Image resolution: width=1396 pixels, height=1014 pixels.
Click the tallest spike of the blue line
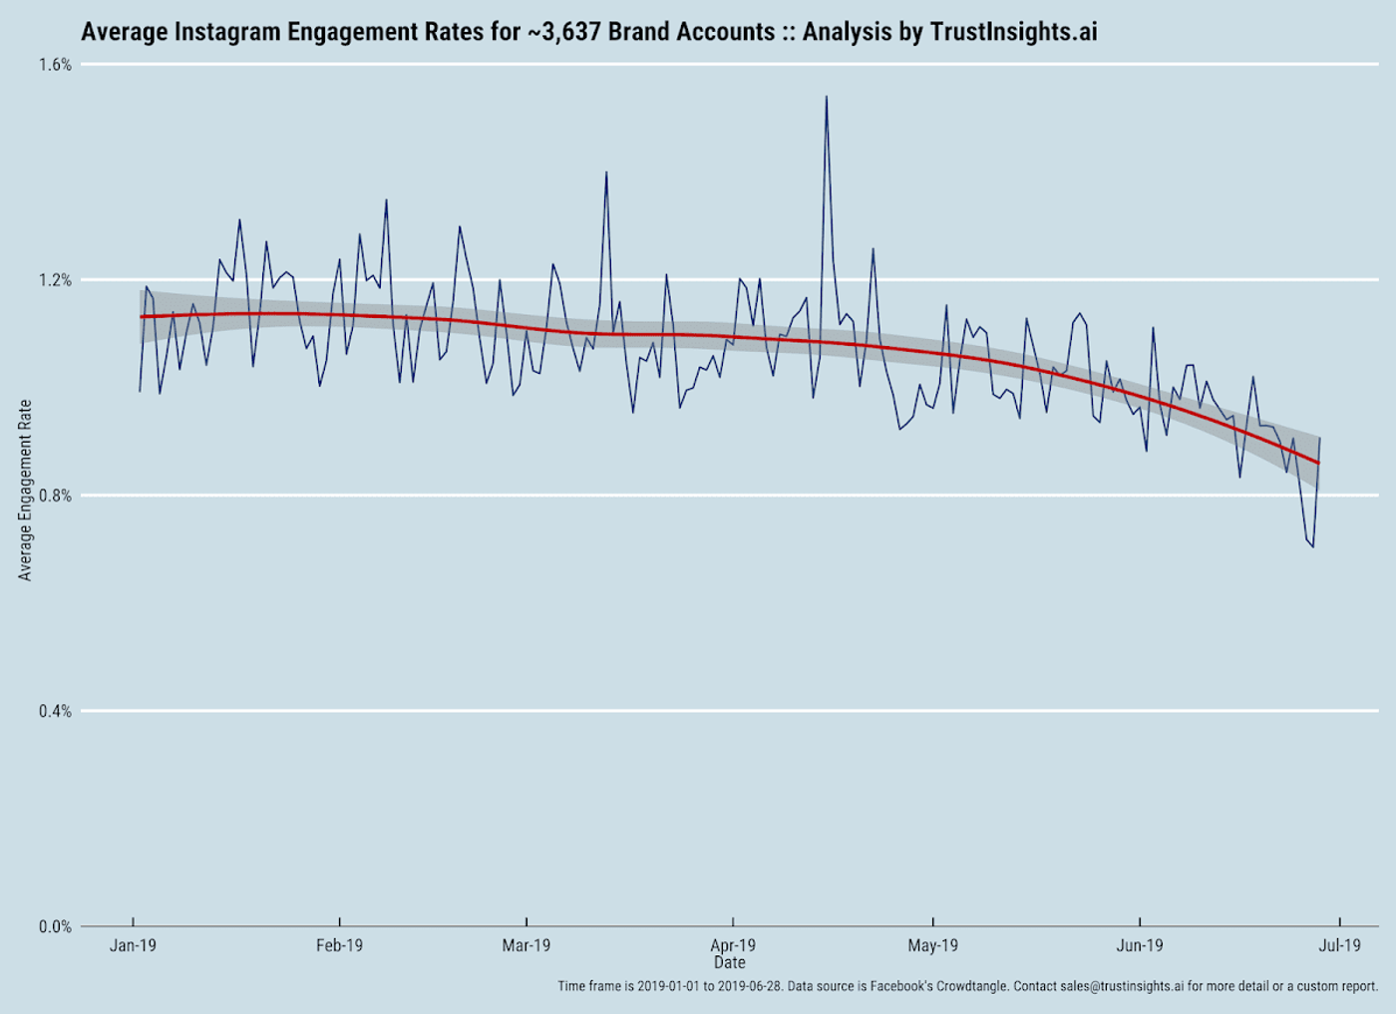(x=826, y=98)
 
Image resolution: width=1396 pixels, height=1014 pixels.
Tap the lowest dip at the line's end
(x=1312, y=545)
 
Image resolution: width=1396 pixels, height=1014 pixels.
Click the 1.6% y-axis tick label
(x=55, y=65)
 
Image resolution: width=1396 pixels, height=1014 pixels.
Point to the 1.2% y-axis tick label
(x=55, y=280)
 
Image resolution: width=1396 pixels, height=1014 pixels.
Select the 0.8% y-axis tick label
(x=55, y=496)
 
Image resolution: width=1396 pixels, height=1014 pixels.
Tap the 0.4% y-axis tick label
(x=55, y=711)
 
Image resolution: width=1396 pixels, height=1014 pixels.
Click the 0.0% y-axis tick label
(x=55, y=926)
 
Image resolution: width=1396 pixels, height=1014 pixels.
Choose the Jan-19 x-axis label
(x=133, y=945)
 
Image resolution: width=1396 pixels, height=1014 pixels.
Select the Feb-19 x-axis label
(x=339, y=945)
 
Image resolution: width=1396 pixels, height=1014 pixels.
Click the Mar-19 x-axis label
(x=525, y=945)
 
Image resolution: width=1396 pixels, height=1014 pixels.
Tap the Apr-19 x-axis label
(x=733, y=945)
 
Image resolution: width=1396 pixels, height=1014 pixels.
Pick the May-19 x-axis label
(x=932, y=945)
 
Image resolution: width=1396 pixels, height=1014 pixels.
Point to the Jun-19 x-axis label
(x=1139, y=945)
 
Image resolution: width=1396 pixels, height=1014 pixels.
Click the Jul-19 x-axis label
(x=1339, y=945)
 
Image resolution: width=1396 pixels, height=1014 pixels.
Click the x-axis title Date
(x=729, y=962)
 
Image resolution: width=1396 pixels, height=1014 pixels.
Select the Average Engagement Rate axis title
(x=25, y=490)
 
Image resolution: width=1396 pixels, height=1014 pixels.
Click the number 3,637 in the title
(x=567, y=32)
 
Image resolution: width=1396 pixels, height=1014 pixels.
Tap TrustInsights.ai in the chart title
(x=1013, y=32)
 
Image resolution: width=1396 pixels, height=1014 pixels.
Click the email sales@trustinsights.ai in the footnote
(x=1122, y=986)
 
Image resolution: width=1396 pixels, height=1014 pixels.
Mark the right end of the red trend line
(x=1318, y=463)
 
